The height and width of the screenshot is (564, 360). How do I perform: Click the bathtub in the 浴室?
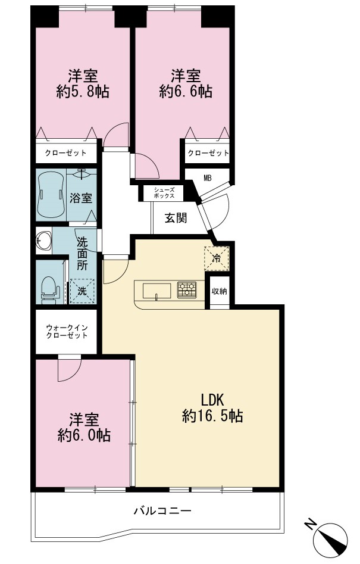coord(51,194)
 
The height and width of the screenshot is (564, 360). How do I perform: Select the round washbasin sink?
coord(44,240)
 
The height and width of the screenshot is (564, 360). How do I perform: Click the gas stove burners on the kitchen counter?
coord(187,289)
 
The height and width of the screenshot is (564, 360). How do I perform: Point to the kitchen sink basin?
coord(156,291)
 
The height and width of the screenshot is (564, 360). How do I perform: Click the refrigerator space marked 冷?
coord(216,257)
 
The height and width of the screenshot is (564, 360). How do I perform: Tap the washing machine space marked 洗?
coord(82,291)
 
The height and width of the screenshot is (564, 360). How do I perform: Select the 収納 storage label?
coord(219,291)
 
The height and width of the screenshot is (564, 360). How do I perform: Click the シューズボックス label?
coord(164,193)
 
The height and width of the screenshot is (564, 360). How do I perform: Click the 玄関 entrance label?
coord(176,218)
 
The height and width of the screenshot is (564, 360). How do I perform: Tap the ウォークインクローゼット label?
coord(67,331)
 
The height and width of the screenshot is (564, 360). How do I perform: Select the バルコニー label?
coord(162,510)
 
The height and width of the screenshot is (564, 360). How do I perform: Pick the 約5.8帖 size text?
coord(83,92)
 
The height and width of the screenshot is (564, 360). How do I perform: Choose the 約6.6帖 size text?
coord(186,92)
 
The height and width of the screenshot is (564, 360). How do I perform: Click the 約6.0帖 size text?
coord(84,435)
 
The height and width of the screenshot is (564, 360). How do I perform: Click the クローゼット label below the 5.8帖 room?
coord(65,153)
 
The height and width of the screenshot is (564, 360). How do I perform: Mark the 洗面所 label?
coord(82,254)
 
